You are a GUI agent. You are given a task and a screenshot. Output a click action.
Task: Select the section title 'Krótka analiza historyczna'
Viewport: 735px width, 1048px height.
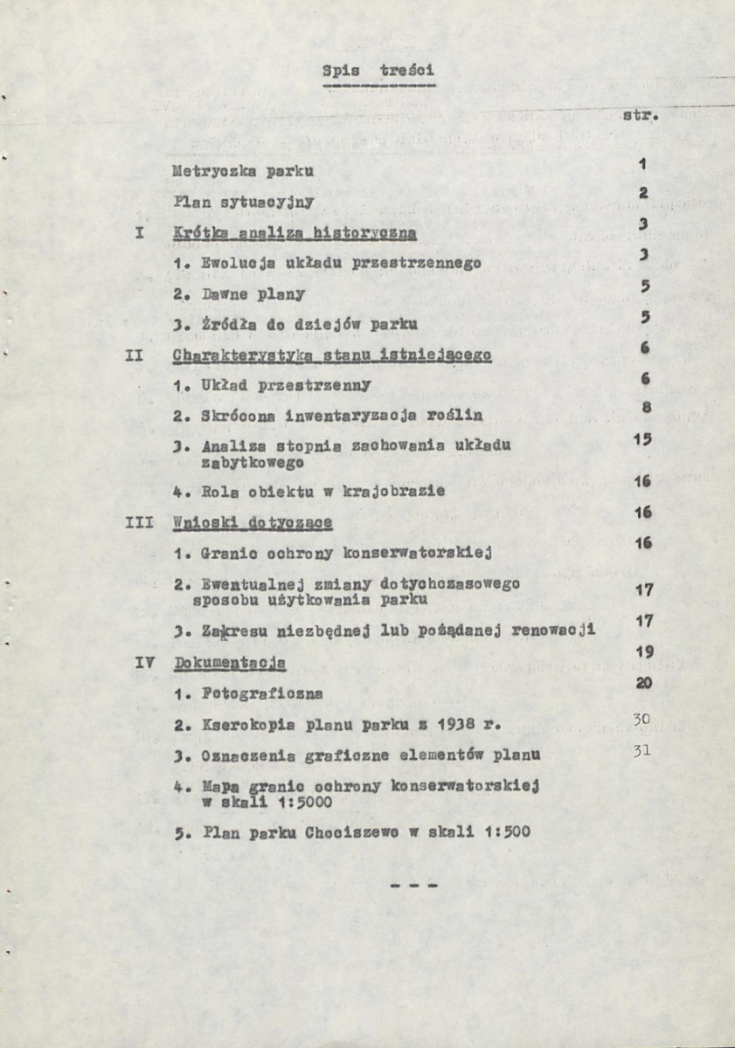click(x=295, y=233)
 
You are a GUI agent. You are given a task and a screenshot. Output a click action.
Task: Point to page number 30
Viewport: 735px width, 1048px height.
click(x=643, y=718)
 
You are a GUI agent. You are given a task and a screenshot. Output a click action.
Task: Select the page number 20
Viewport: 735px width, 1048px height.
click(x=645, y=683)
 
